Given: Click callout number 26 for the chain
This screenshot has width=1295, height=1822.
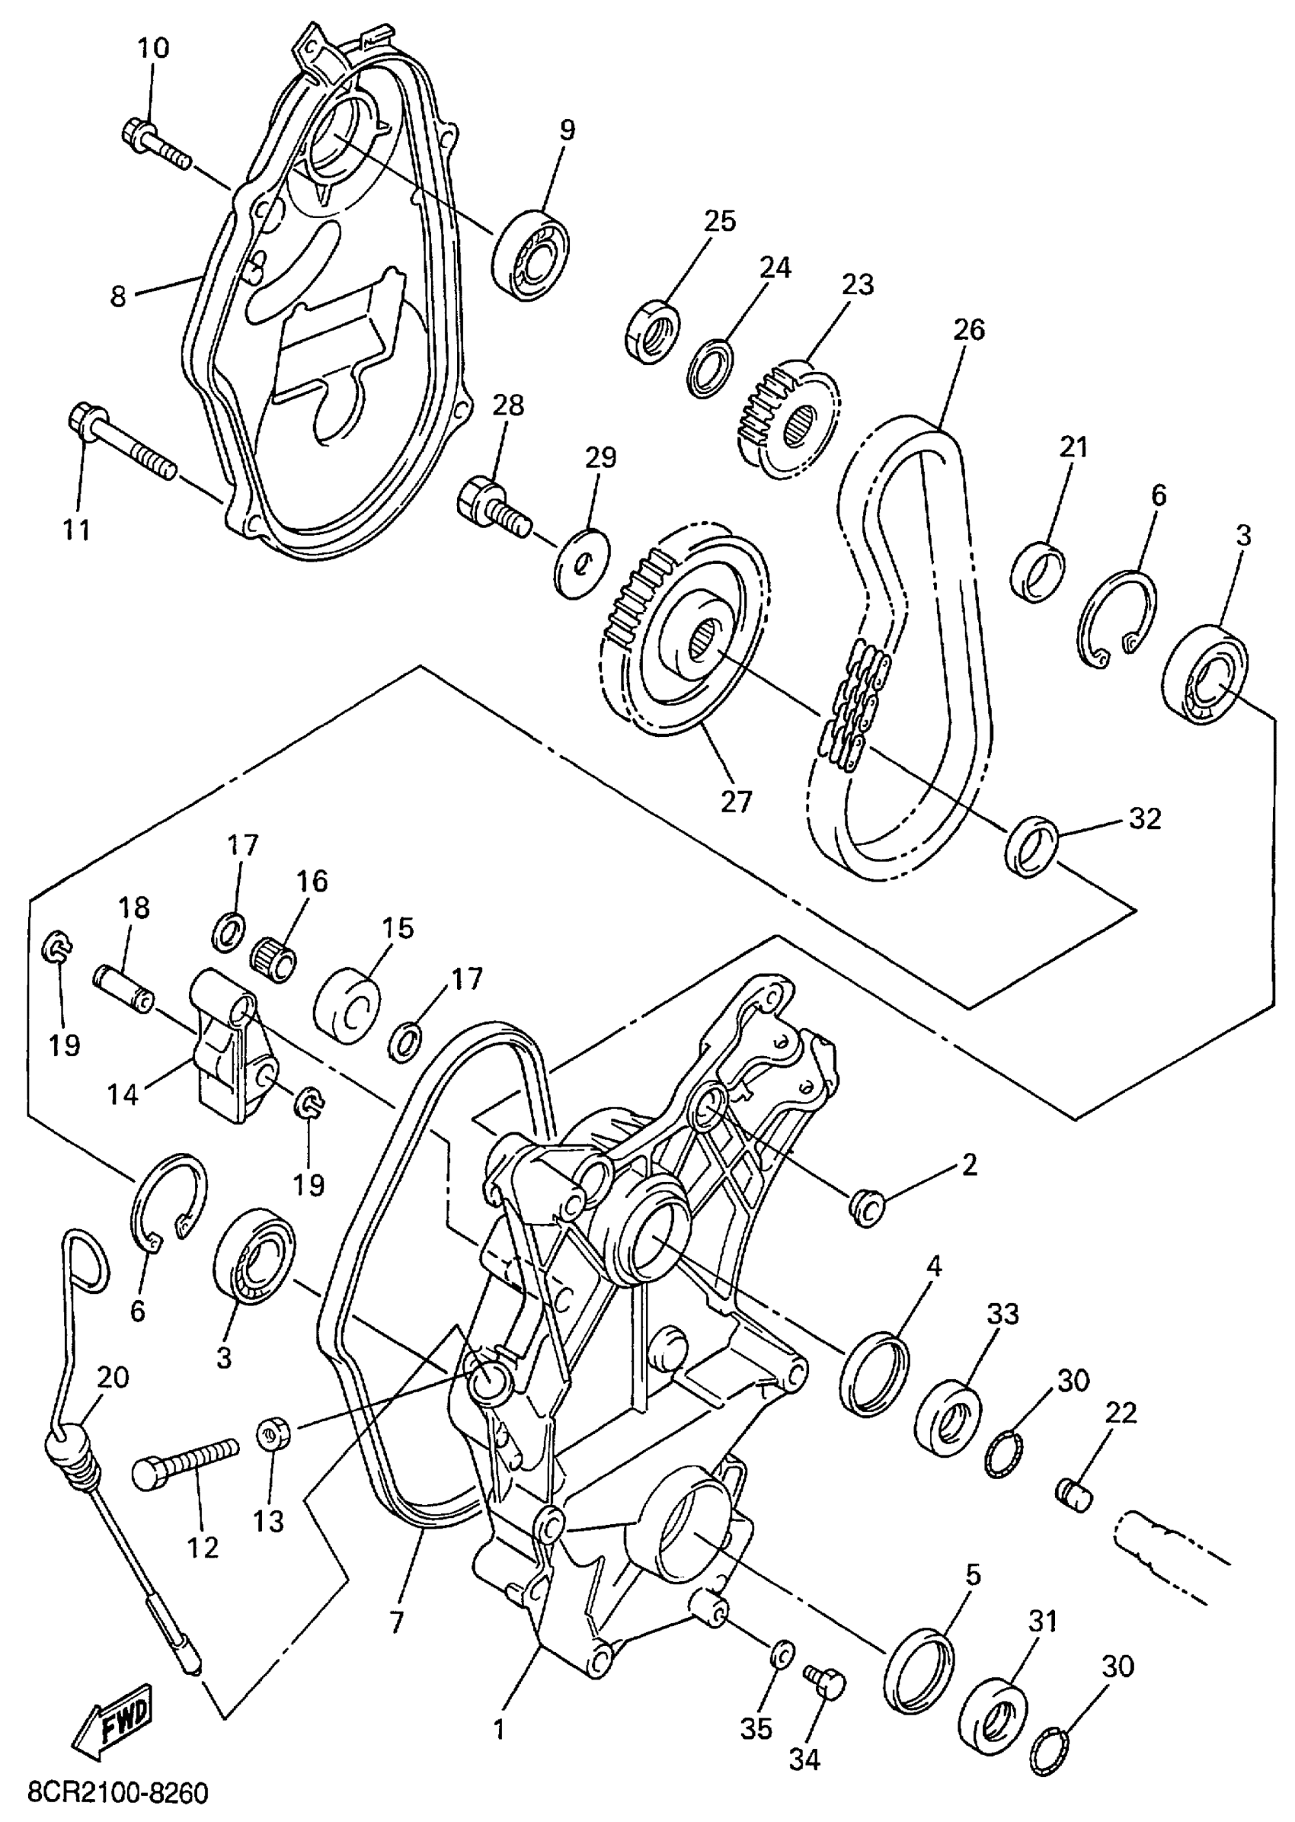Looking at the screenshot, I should tap(969, 329).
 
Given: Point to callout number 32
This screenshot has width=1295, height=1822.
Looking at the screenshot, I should tap(1145, 818).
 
